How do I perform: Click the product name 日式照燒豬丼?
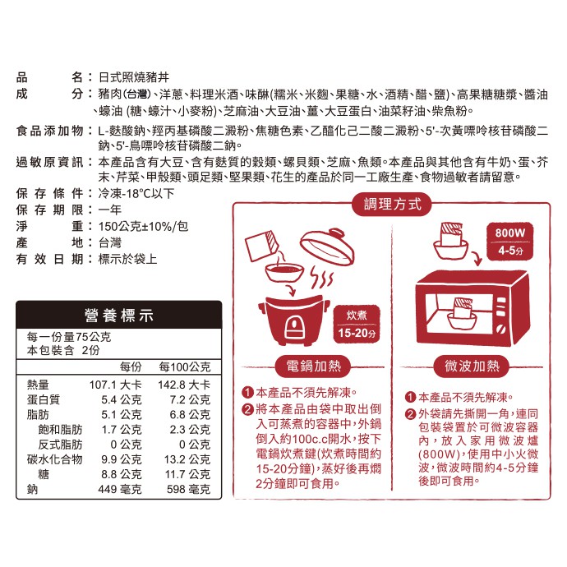[134, 77]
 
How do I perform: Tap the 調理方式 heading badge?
[392, 205]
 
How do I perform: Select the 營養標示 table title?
[119, 316]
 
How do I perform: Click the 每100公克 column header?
[184, 367]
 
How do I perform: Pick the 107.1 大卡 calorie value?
[115, 385]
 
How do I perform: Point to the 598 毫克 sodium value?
[188, 489]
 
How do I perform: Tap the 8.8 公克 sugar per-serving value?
[121, 474]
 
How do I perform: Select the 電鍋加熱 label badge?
[313, 366]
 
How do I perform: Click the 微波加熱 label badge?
[472, 366]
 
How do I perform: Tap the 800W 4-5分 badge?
[509, 242]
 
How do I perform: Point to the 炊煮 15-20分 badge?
[357, 324]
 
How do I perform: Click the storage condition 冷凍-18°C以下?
[136, 193]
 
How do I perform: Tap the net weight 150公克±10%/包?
[143, 226]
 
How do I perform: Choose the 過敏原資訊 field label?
[49, 162]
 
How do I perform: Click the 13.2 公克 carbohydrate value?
[187, 459]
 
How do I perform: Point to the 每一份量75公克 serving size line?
[69, 337]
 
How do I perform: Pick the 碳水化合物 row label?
[54, 459]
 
